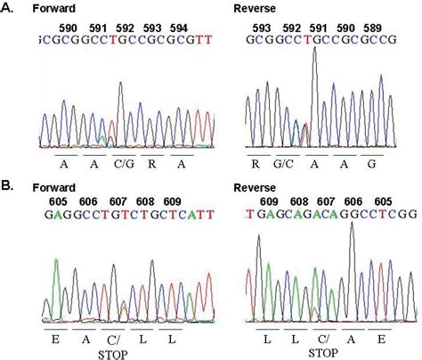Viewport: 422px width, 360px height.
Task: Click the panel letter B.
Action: (x=8, y=185)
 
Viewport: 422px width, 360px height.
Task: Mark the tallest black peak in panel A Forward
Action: (x=120, y=86)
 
